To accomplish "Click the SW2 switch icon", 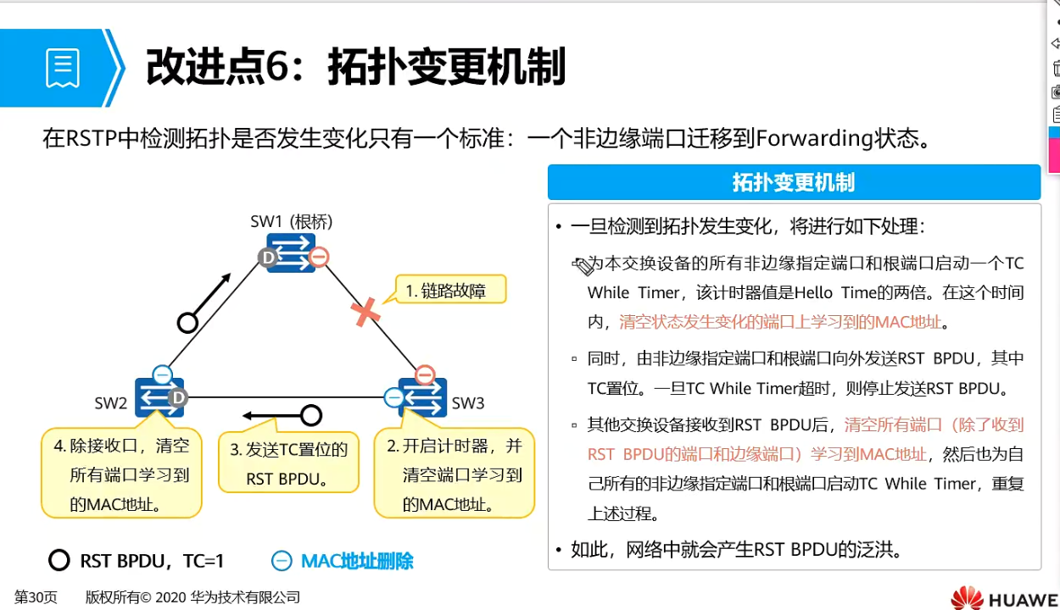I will click(x=159, y=396).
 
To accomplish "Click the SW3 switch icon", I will click(x=422, y=396).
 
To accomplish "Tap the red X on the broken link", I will click(x=365, y=312).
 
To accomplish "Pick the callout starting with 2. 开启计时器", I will click(x=455, y=474).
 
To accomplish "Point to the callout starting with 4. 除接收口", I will click(x=121, y=474).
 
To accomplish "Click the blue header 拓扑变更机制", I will click(x=794, y=182).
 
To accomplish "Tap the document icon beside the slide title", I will click(x=63, y=68).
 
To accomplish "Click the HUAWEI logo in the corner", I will click(x=1004, y=597).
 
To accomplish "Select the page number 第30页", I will click(x=36, y=597).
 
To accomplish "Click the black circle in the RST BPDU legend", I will click(x=59, y=561).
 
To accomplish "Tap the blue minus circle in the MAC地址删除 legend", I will click(x=282, y=561).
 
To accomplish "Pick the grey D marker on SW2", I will click(x=177, y=397).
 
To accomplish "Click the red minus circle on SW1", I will click(x=319, y=258).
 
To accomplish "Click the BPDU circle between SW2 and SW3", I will click(x=311, y=415).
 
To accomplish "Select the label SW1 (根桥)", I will click(x=292, y=222).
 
